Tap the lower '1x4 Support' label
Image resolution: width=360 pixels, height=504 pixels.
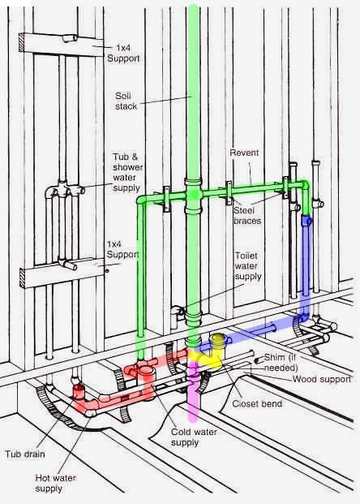point(122,248)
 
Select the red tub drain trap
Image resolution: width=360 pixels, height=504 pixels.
point(84,398)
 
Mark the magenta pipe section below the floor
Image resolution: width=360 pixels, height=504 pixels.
point(193,398)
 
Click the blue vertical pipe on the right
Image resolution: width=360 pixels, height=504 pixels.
point(306,268)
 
